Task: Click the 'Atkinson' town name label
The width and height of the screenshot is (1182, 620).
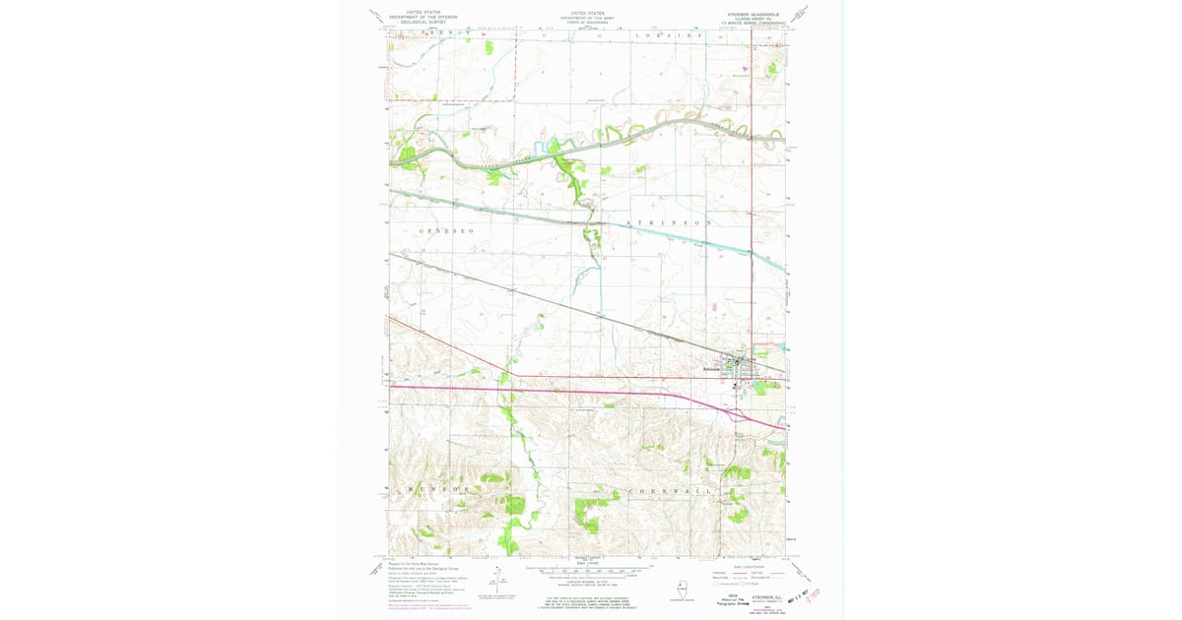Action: coord(714,369)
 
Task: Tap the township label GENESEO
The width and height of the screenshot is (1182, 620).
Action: coord(447,230)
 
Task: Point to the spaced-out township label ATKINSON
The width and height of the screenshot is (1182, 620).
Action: coord(669,223)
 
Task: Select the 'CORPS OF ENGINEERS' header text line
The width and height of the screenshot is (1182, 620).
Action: coord(588,22)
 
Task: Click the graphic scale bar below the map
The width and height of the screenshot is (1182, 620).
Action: coord(587,569)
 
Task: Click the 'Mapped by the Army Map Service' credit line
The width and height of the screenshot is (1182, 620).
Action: coord(418,565)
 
